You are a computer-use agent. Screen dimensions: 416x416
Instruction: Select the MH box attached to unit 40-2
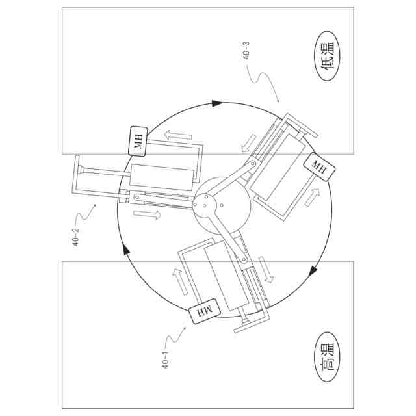pyautogui.click(x=138, y=140)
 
